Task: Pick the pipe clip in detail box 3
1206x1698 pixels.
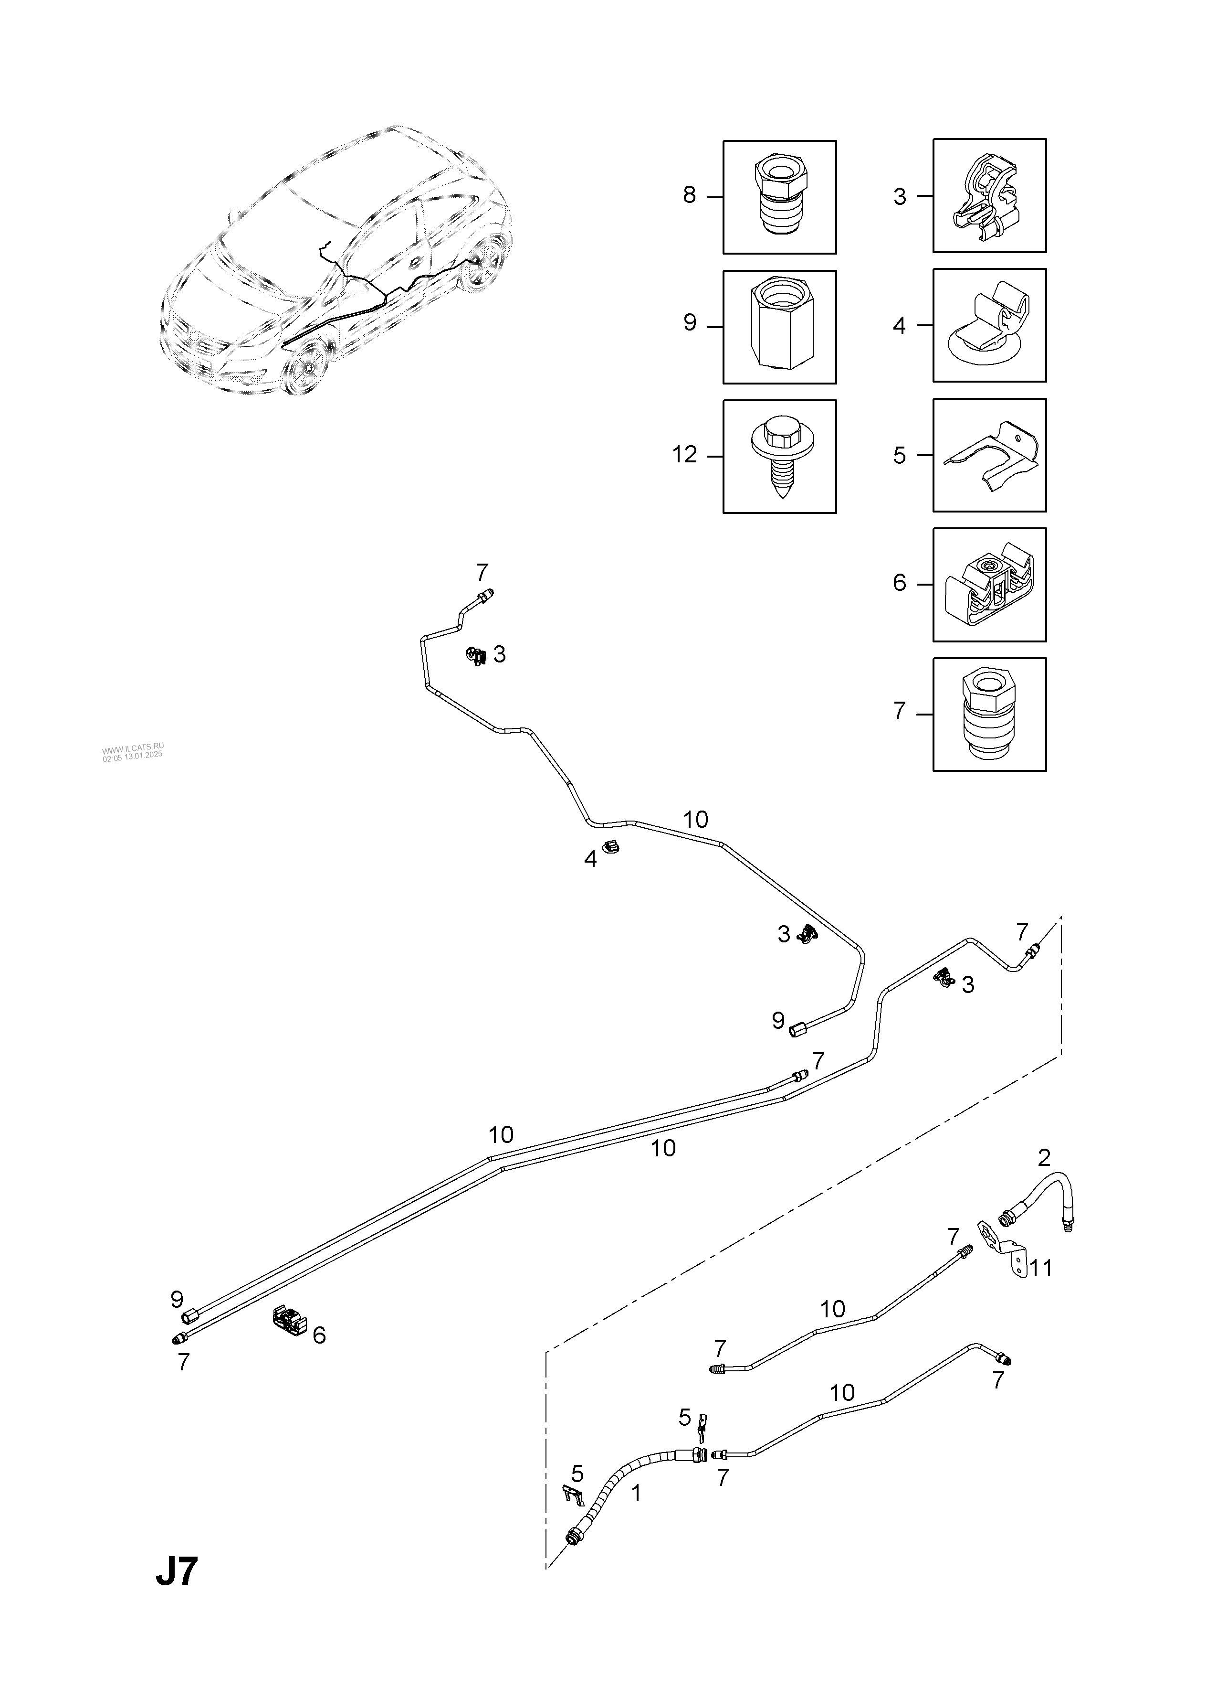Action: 988,195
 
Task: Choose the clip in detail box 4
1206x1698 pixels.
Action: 988,325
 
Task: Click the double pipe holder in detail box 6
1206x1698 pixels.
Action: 988,585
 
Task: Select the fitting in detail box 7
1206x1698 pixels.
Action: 988,714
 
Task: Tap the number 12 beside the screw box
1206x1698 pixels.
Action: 685,455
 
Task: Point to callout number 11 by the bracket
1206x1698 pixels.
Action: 1041,1268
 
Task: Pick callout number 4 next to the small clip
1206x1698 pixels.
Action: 590,860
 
